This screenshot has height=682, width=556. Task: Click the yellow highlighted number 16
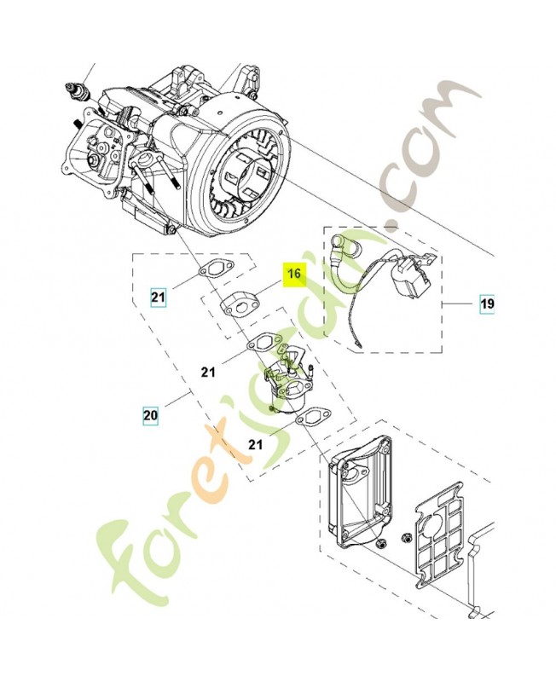click(294, 275)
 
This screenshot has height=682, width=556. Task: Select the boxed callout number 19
click(487, 303)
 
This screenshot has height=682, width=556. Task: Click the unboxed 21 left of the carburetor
click(209, 372)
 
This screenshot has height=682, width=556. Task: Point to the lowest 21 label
click(256, 444)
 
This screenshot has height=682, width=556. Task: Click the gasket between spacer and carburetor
click(264, 344)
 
